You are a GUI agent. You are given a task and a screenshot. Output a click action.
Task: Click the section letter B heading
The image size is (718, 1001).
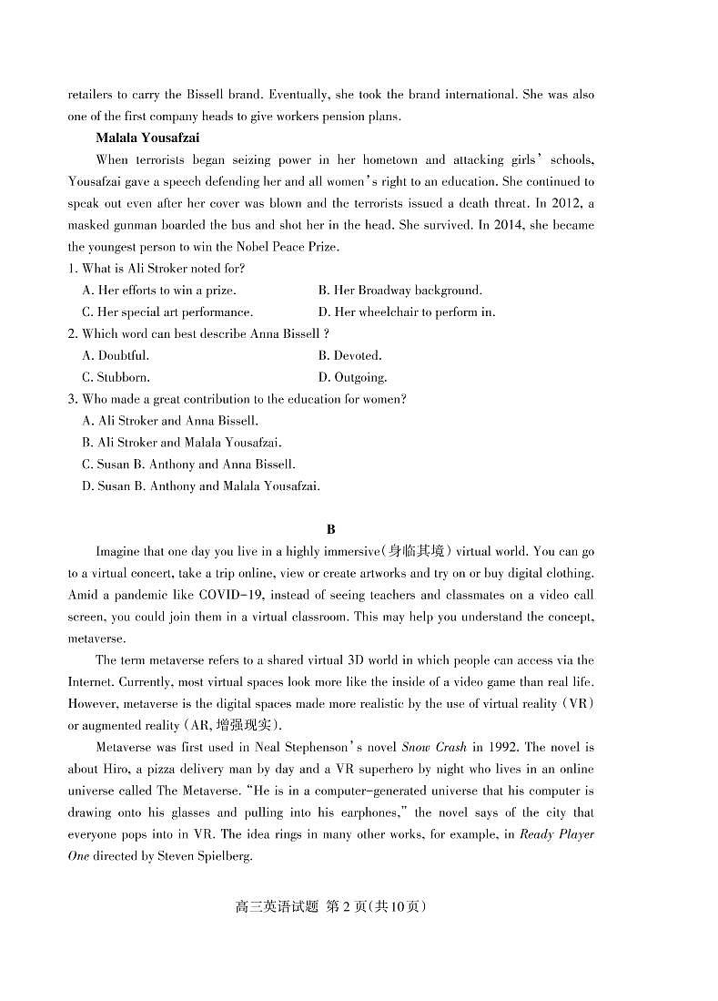330,529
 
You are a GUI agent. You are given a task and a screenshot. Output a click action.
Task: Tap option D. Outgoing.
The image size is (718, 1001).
352,377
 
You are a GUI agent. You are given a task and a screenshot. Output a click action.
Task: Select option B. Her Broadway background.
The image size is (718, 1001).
399,290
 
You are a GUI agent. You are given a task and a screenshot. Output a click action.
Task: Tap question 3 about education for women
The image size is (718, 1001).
237,399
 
